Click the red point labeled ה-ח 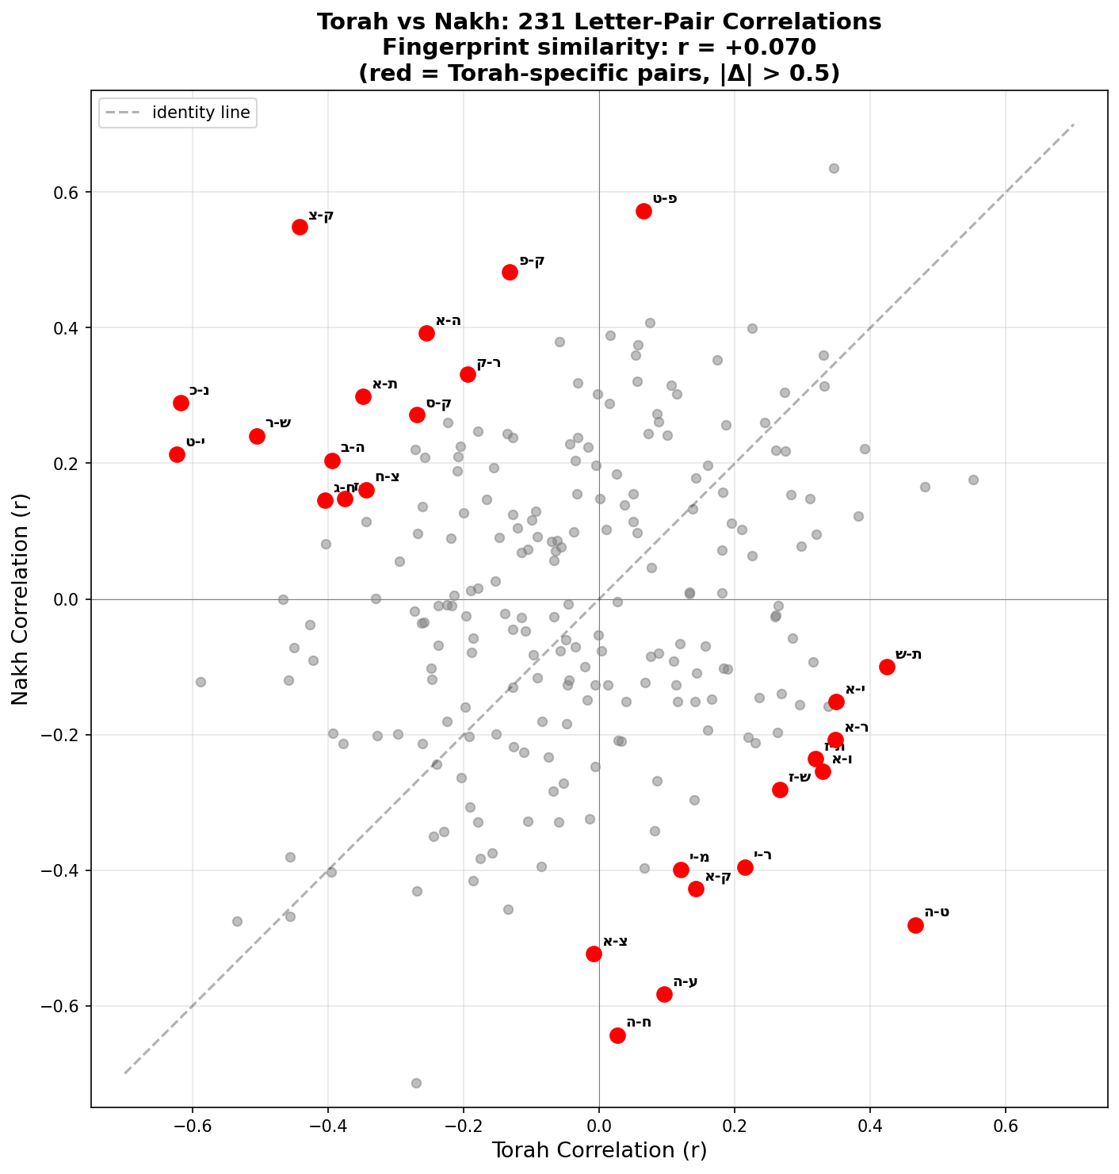(617, 1035)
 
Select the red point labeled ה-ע (664, 994)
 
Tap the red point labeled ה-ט (915, 925)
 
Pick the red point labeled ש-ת (887, 667)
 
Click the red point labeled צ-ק (300, 227)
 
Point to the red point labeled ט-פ (644, 211)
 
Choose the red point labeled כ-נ (181, 403)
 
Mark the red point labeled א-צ (594, 954)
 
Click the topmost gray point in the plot (834, 168)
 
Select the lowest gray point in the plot (416, 1083)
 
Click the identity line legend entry (176, 113)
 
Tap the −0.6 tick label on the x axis (192, 1127)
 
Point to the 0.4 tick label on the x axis (870, 1127)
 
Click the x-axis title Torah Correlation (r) (599, 1150)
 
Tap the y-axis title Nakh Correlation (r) (21, 599)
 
